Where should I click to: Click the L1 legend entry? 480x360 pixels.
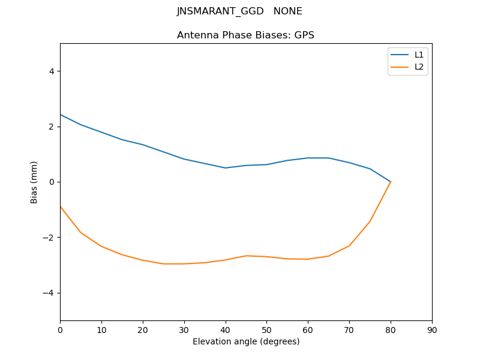click(x=419, y=55)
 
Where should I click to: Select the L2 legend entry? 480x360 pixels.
click(x=419, y=67)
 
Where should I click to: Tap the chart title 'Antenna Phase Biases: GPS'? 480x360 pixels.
click(x=245, y=35)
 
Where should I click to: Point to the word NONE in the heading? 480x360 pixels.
click(x=287, y=11)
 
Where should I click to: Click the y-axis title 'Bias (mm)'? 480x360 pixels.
click(x=34, y=182)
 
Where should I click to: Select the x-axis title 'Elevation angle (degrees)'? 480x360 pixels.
click(x=246, y=341)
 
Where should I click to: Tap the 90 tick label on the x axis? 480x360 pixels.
click(x=432, y=329)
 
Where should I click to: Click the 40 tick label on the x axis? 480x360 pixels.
click(x=225, y=329)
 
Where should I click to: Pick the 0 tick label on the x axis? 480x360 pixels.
click(x=60, y=329)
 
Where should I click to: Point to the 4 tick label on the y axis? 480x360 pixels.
click(x=51, y=71)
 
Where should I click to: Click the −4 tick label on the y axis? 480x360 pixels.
click(x=49, y=293)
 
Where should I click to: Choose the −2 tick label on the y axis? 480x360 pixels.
click(x=49, y=238)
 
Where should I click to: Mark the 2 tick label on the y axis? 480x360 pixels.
click(x=51, y=127)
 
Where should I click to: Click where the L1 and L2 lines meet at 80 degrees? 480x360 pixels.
click(x=391, y=181)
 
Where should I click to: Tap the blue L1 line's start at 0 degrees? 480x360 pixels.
click(x=61, y=115)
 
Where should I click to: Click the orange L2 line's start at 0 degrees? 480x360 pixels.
click(x=61, y=206)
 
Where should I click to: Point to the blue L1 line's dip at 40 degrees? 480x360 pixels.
click(x=225, y=168)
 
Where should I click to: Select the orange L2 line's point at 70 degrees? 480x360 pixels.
click(x=349, y=245)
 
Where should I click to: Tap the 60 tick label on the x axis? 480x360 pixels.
click(x=308, y=329)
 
